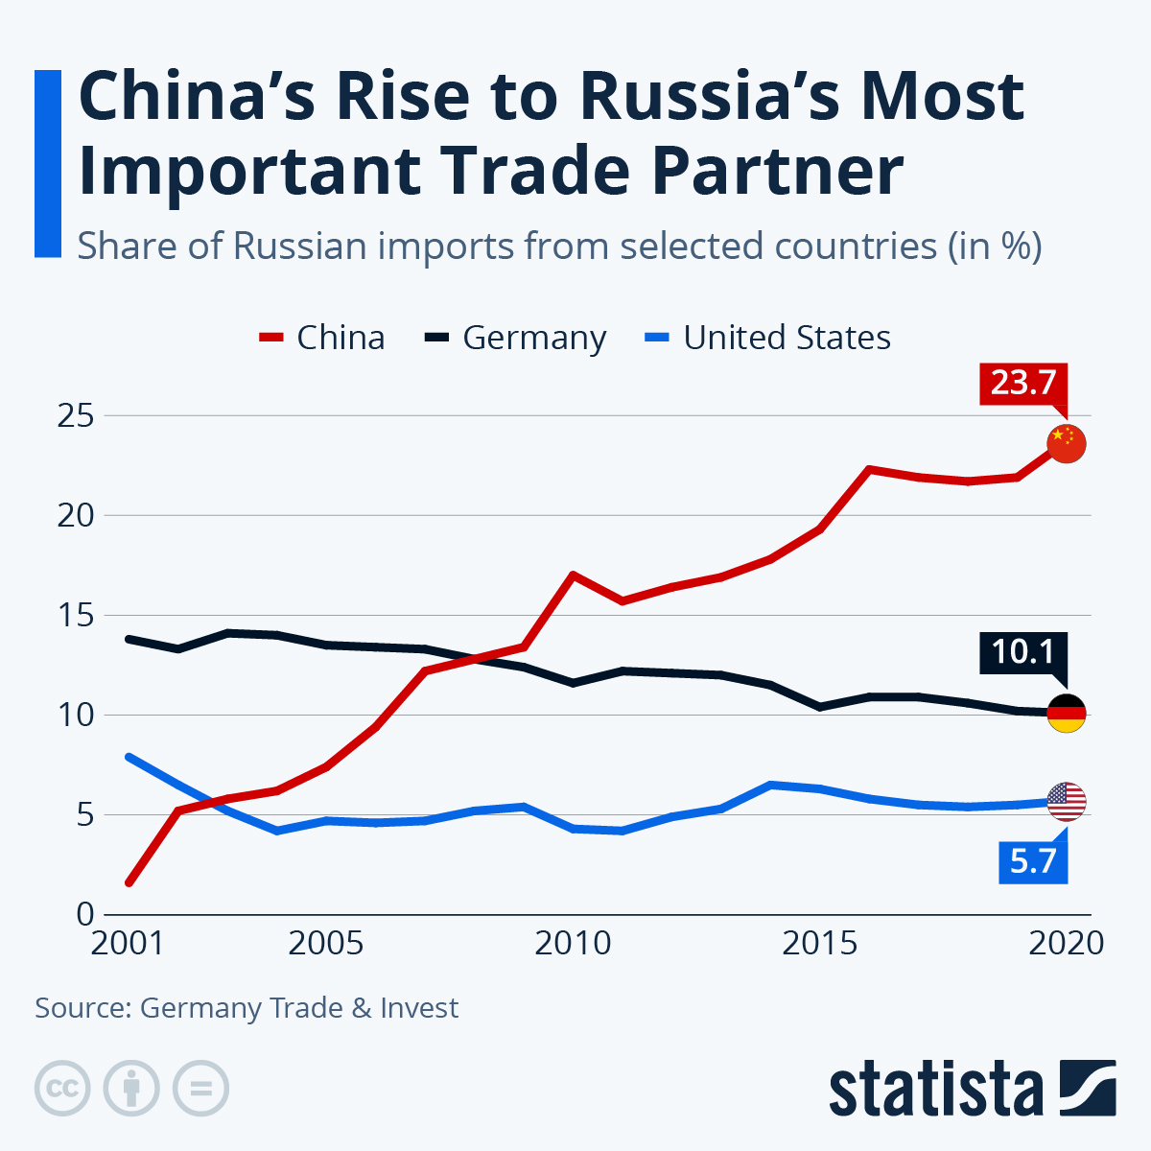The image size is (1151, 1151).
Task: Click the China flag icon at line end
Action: pyautogui.click(x=1066, y=443)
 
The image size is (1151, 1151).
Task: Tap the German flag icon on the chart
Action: pyautogui.click(x=1066, y=713)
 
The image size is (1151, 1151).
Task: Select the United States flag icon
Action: pyautogui.click(x=1066, y=801)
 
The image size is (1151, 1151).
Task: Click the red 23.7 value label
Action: pyautogui.click(x=1022, y=383)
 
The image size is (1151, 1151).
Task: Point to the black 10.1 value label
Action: pyautogui.click(x=1022, y=652)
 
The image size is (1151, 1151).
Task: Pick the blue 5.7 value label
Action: pyautogui.click(x=1032, y=861)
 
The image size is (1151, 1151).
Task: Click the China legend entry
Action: pyautogui.click(x=322, y=338)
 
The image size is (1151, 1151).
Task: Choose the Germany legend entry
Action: pyautogui.click(x=516, y=338)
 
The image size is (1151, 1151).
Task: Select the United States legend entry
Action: pyautogui.click(x=768, y=338)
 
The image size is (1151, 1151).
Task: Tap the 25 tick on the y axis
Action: pyautogui.click(x=74, y=416)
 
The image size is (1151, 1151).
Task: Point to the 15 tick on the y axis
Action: pyautogui.click(x=74, y=615)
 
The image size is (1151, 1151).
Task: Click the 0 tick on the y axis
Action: pyautogui.click(x=84, y=914)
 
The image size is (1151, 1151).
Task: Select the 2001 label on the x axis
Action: pyautogui.click(x=128, y=943)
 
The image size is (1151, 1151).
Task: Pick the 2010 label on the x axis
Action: pyautogui.click(x=573, y=943)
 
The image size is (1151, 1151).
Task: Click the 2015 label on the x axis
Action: pyautogui.click(x=819, y=943)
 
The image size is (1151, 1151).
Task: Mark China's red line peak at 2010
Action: pyautogui.click(x=573, y=575)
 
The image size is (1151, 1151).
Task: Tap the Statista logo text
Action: pyautogui.click(x=936, y=1089)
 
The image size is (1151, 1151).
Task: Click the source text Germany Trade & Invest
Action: pyautogui.click(x=299, y=1008)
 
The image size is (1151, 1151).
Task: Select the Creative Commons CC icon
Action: pyautogui.click(x=62, y=1089)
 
